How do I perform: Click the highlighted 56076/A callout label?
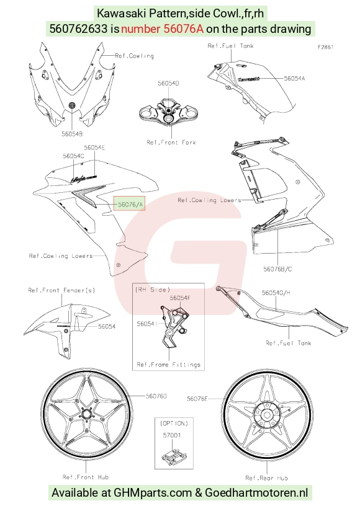point(129,204)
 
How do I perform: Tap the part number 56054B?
point(72,133)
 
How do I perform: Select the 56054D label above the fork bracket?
point(168,83)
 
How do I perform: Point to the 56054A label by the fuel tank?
point(294,78)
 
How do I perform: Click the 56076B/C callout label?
point(277,269)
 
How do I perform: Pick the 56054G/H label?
point(276,293)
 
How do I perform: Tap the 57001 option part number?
point(172,435)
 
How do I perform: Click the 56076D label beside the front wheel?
point(156,396)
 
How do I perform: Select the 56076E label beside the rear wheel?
point(197,399)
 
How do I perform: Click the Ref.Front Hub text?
point(86,477)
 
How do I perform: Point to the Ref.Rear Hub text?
point(267,478)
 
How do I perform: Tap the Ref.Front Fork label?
point(171,143)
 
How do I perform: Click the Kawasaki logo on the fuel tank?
point(249,79)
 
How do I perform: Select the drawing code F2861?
point(325,47)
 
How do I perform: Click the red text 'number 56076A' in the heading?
point(162,29)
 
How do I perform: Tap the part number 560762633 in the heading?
point(78,29)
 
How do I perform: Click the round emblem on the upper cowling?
point(72,105)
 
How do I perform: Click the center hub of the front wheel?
point(86,414)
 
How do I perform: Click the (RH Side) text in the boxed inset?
point(153,290)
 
